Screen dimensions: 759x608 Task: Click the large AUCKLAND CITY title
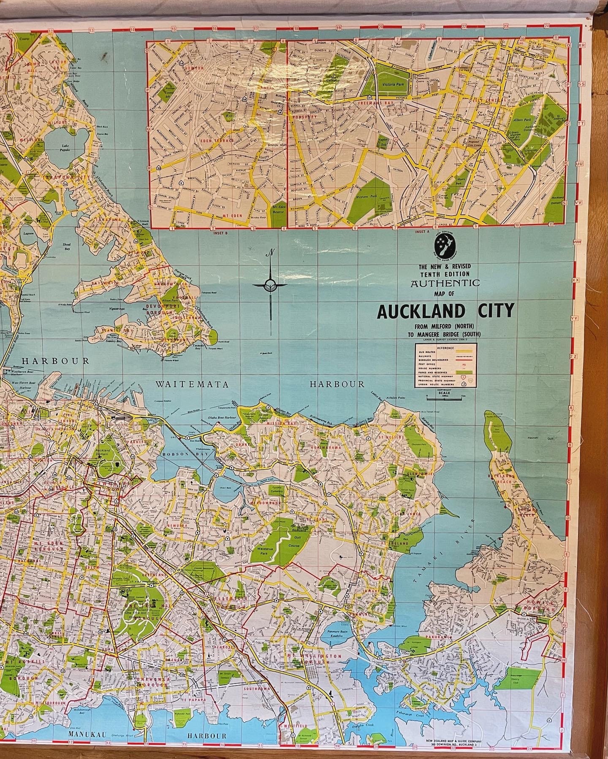[x=445, y=311]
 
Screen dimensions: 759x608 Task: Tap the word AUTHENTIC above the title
[x=445, y=283]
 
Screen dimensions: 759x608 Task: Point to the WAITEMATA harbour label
[x=192, y=384]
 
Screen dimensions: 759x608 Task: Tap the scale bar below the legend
[x=445, y=398]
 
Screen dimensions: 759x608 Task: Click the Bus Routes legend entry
[x=426, y=352]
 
